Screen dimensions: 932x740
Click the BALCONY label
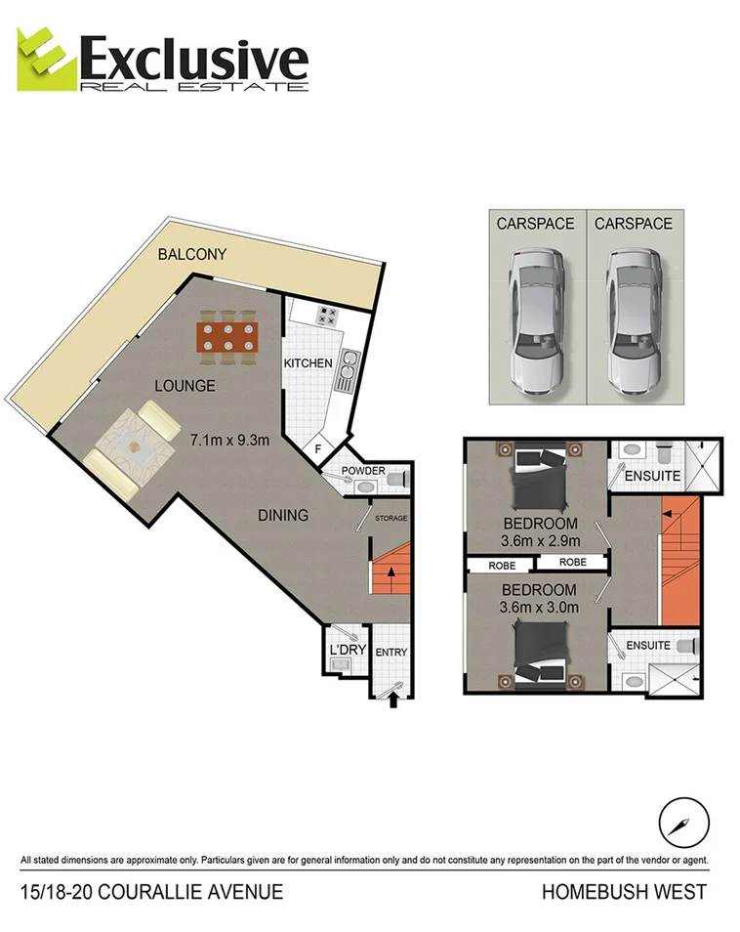192,254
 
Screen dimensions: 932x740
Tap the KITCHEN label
308,363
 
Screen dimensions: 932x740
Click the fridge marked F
317,449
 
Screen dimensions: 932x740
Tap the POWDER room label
363,471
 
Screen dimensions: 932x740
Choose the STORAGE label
391,518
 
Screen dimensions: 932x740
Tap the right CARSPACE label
635,224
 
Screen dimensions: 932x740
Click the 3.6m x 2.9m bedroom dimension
540,540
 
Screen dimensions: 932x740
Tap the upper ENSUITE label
653,476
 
